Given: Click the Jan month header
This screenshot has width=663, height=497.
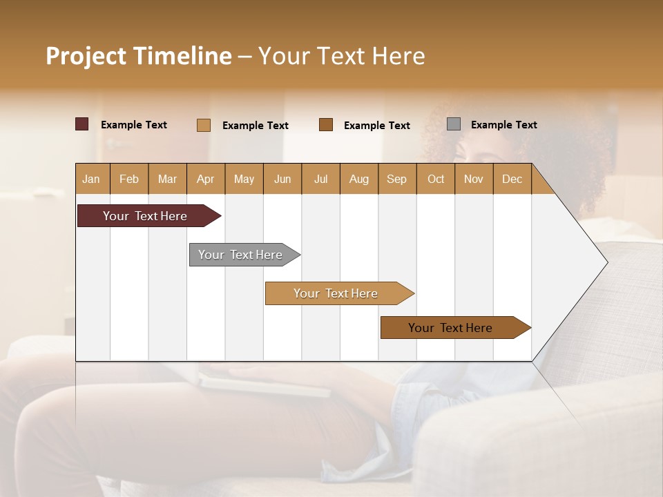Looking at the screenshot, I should (92, 179).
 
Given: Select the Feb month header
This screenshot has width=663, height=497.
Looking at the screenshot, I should (129, 179).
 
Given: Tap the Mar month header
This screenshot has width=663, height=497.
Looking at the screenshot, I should (167, 179).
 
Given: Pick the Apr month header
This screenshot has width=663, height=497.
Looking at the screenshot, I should (206, 179).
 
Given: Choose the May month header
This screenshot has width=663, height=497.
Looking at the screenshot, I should (244, 179).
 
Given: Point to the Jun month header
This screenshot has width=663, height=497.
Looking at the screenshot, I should (282, 179).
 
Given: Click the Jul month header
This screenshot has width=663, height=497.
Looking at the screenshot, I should (320, 179).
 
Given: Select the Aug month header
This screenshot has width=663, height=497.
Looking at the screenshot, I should (359, 179).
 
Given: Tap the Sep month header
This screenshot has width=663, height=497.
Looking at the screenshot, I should (397, 179).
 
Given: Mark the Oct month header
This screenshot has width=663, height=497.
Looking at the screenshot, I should (436, 179).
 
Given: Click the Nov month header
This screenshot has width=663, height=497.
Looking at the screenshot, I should (474, 179).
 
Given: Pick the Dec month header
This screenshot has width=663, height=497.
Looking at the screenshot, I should (512, 179).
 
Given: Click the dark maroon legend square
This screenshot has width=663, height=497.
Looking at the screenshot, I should (82, 124).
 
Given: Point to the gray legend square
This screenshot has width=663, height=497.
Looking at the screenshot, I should (454, 124).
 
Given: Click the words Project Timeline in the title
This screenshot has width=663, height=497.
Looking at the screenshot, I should (139, 56).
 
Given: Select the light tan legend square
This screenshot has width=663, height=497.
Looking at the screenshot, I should (204, 125).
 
